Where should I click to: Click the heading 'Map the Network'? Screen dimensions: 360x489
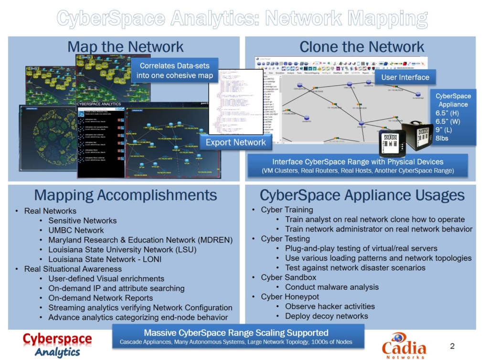coord(125,47)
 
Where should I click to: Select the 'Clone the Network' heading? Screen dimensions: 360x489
coord(361,47)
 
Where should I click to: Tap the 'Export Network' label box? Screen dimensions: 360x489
coord(235,142)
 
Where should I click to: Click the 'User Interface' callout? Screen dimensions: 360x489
coord(405,77)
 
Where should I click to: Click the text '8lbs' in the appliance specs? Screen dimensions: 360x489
coord(443,138)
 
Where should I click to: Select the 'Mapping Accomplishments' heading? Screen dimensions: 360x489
coord(125,195)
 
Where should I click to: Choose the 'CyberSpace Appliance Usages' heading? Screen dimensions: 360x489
coord(361,195)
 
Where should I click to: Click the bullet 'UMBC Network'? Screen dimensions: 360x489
coord(76,230)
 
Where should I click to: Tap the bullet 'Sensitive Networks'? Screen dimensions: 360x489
coord(82,221)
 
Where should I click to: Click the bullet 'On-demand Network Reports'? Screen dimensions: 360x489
coord(100,298)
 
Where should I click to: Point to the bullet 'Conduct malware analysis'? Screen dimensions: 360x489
coord(331,287)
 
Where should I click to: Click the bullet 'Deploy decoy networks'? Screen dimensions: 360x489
coord(326,316)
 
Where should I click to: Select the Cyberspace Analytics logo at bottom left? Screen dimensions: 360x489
coord(57,344)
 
